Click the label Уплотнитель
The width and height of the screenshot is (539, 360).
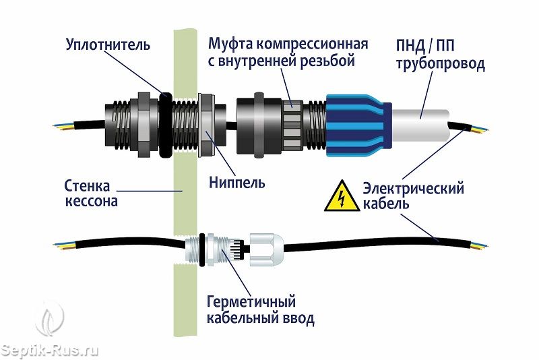coord(108,45)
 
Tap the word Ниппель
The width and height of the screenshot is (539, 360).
coord(236,182)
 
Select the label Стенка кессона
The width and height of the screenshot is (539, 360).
coord(91,192)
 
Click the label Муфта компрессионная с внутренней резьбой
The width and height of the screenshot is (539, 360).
coord(288,53)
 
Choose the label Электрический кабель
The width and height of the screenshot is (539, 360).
coord(412,196)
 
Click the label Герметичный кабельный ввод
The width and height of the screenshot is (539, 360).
coord(260,309)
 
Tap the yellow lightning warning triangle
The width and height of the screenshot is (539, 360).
coord(342,197)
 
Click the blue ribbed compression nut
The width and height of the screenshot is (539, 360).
coord(357,125)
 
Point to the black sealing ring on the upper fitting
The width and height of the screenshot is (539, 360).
coord(164,122)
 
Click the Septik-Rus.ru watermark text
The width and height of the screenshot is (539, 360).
coord(51,351)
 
